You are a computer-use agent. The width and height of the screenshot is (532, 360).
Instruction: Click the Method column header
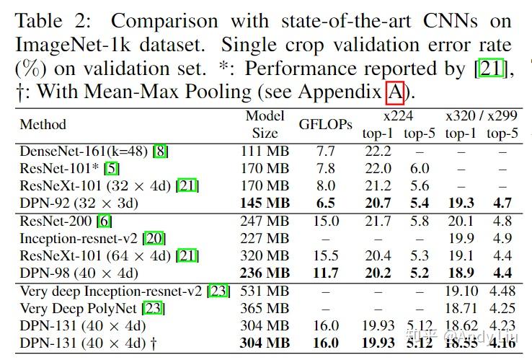tap(43, 124)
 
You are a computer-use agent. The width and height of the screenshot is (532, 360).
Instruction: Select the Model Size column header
tap(265, 124)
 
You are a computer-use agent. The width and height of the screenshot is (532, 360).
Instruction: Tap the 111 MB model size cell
tap(265, 151)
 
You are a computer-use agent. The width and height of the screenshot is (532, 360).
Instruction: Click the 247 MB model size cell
tap(265, 221)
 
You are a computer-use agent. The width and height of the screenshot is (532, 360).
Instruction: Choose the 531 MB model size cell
tap(265, 291)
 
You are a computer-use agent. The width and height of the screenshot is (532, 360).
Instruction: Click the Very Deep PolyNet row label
tap(81, 308)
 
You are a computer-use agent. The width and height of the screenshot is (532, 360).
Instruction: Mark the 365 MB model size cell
tap(265, 308)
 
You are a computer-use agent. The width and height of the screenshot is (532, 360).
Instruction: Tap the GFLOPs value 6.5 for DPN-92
tap(326, 203)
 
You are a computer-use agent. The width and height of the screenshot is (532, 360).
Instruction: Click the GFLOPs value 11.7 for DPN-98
tap(326, 273)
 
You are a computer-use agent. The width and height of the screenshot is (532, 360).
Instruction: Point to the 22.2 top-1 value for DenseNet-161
tap(378, 151)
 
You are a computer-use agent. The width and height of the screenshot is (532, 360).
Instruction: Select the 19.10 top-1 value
tap(461, 291)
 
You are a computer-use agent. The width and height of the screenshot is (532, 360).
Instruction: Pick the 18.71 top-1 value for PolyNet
tap(461, 308)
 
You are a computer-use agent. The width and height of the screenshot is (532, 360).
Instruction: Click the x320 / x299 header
tap(482, 115)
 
